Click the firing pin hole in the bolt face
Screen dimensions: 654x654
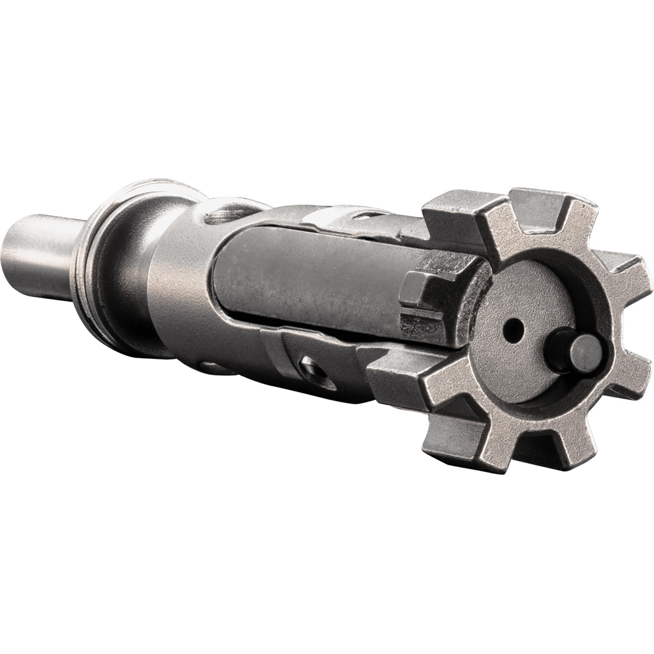[x=512, y=330]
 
